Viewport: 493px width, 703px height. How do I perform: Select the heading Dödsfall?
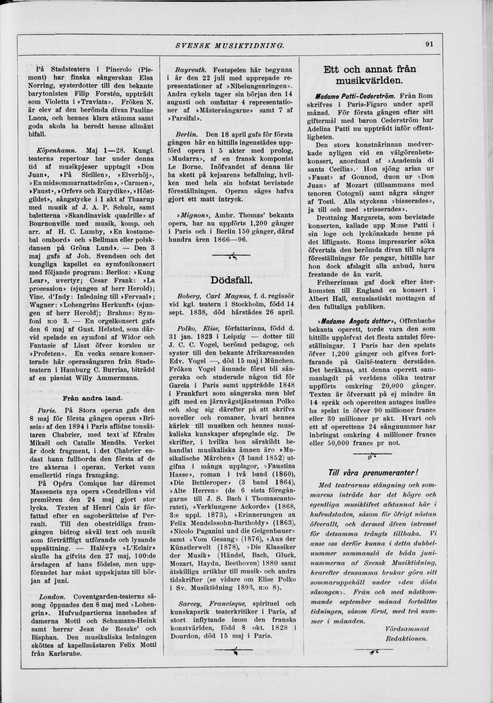(231, 281)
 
